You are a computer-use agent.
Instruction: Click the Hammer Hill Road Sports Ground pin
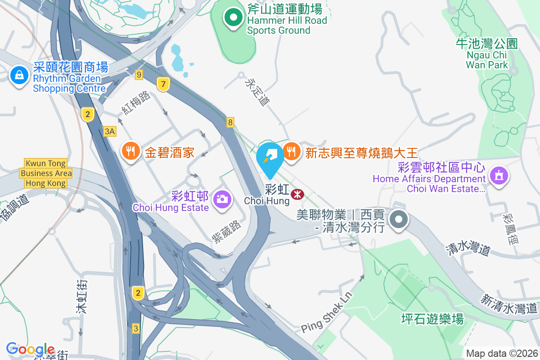(x=234, y=18)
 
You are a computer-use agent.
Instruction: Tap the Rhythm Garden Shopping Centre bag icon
(x=19, y=76)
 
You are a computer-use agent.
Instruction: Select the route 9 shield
(x=139, y=75)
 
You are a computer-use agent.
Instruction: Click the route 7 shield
(x=163, y=84)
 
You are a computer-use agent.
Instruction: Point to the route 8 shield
(x=230, y=122)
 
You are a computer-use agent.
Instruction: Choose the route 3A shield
(x=110, y=131)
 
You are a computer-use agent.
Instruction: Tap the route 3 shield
(x=136, y=328)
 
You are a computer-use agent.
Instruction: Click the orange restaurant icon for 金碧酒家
(x=131, y=152)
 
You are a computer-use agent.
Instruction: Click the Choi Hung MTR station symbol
(x=297, y=194)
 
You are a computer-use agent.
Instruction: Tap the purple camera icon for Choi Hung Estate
(x=221, y=198)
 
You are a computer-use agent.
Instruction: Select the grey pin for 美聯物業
(x=398, y=220)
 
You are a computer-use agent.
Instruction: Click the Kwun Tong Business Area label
(x=46, y=173)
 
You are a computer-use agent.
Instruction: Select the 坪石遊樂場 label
(x=432, y=319)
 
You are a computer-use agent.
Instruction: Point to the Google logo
(x=30, y=349)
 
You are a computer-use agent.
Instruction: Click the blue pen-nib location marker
(x=270, y=157)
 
